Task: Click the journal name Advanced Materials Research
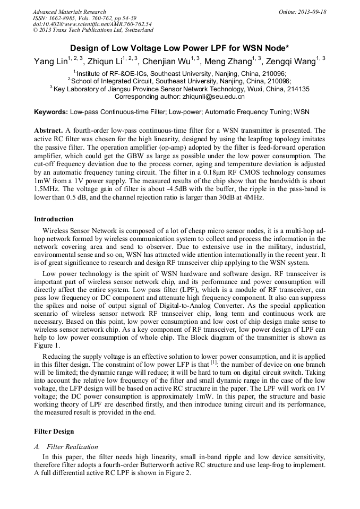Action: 69,12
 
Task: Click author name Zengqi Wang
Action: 290,61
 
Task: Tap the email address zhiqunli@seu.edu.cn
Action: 211,97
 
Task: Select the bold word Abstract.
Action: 48,130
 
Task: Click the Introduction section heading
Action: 54,219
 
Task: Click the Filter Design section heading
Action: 54,432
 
